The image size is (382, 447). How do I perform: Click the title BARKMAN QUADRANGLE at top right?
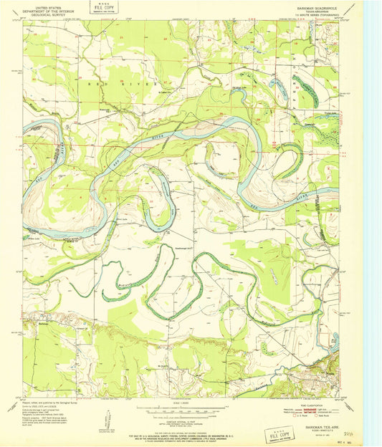click(x=315, y=6)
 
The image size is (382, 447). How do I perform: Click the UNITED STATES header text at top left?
click(x=44, y=6)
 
